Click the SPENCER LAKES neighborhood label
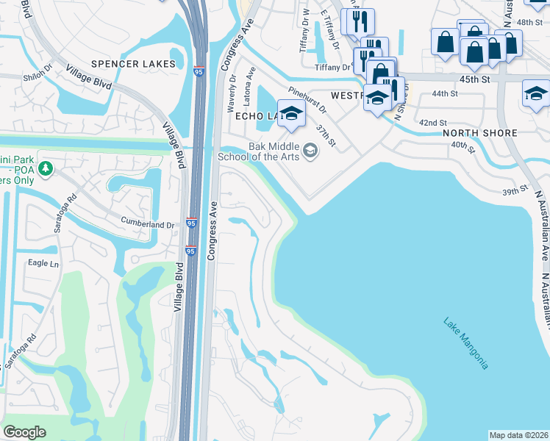click(x=135, y=64)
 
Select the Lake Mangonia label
click(x=466, y=343)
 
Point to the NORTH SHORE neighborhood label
click(x=479, y=133)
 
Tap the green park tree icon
click(x=46, y=170)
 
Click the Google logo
click(x=25, y=432)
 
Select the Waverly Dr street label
click(x=232, y=87)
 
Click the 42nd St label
click(x=432, y=123)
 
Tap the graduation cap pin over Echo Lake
click(x=292, y=115)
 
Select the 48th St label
click(x=529, y=23)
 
